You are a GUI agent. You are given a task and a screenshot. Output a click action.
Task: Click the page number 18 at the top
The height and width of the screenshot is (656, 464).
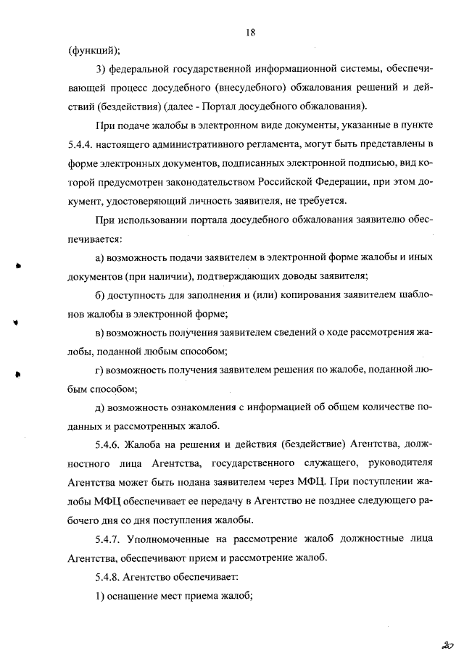pyautogui.click(x=251, y=33)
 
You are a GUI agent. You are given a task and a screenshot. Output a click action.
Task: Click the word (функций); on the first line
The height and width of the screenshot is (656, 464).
pyautogui.click(x=94, y=51)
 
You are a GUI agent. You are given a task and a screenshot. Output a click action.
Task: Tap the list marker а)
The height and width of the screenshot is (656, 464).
pyautogui.click(x=101, y=257)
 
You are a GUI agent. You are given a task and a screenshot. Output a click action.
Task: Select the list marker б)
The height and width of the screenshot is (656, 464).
pyautogui.click(x=101, y=295)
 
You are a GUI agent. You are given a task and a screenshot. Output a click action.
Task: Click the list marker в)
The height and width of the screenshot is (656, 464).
pyautogui.click(x=101, y=333)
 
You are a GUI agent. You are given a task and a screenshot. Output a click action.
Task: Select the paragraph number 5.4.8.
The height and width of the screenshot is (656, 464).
pyautogui.click(x=109, y=577)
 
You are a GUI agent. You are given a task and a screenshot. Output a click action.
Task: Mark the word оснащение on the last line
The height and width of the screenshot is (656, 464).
pyautogui.click(x=136, y=596)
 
